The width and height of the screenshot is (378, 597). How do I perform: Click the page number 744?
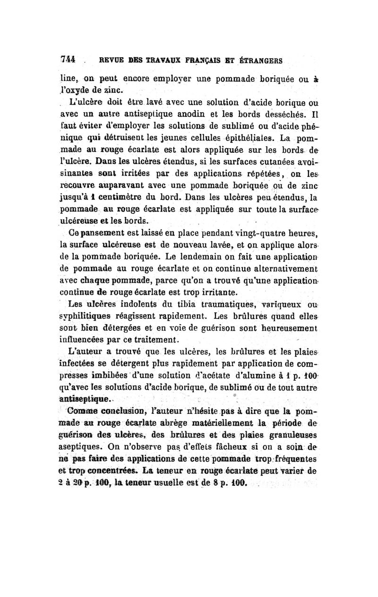coord(69,60)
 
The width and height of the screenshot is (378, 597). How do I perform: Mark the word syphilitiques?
coord(100,318)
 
